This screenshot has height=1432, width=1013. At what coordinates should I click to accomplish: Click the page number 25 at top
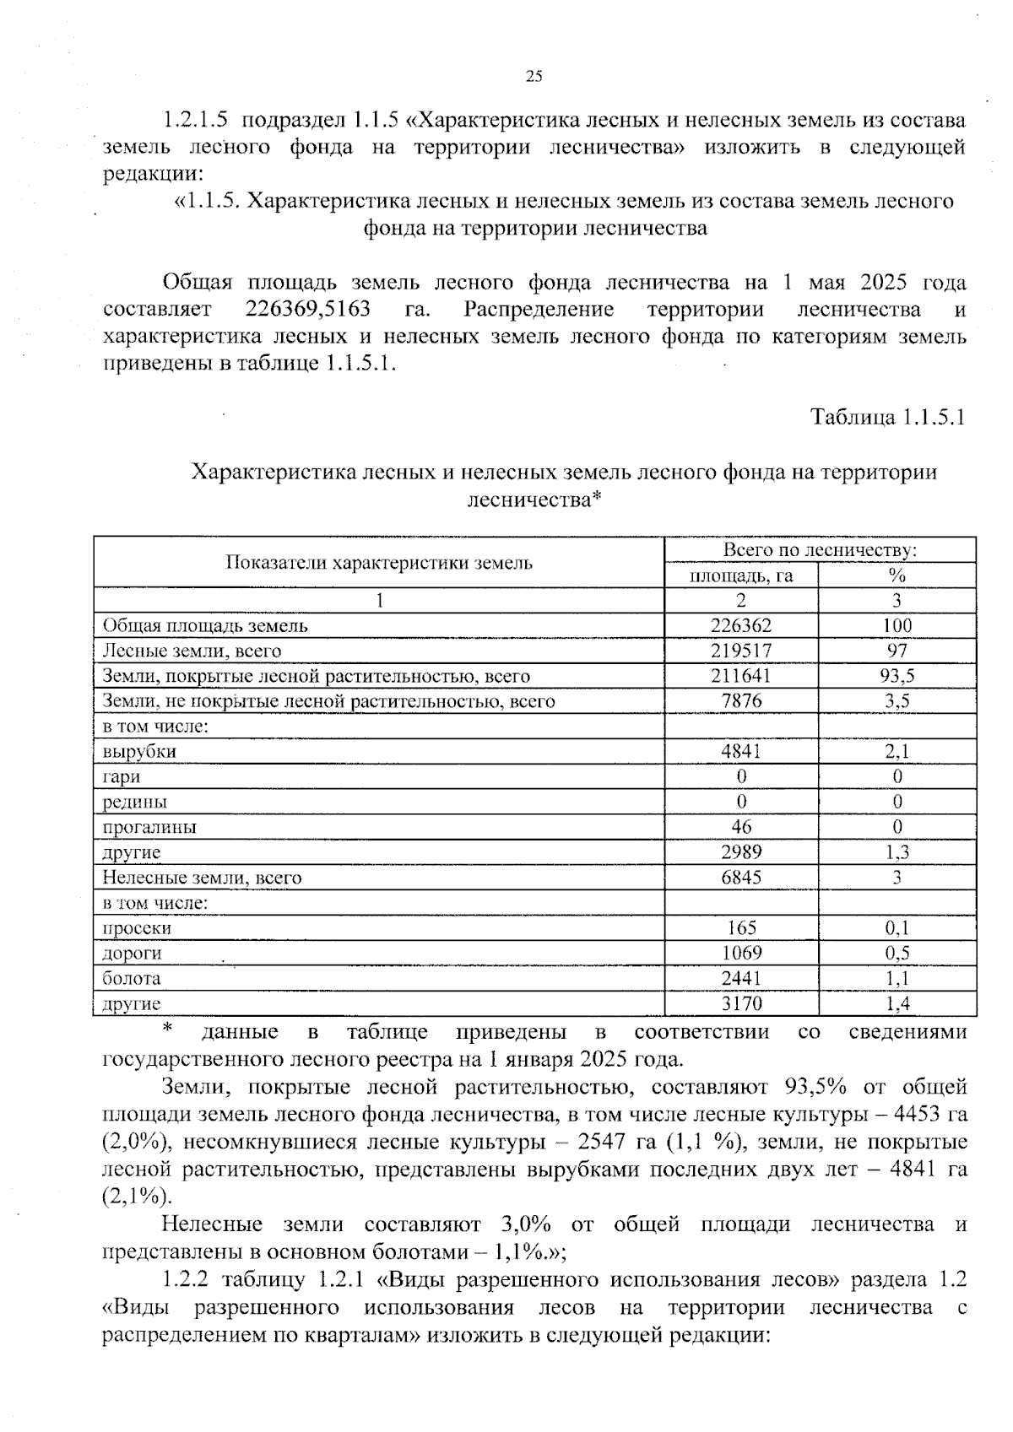point(534,77)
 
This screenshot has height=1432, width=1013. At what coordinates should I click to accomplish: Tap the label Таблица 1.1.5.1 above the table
point(887,417)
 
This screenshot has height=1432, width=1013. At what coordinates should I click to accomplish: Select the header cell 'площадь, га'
point(741,576)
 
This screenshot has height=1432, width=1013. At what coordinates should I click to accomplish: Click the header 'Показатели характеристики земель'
point(379,563)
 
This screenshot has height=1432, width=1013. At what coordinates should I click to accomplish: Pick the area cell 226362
point(741,625)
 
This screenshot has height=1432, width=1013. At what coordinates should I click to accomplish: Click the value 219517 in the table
point(741,651)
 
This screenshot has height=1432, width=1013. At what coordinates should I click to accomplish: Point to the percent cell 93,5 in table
point(897,676)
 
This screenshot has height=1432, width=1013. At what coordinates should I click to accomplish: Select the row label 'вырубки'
point(139,751)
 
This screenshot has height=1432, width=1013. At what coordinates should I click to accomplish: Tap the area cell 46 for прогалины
point(741,827)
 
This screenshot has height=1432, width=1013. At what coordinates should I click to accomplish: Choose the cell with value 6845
point(741,878)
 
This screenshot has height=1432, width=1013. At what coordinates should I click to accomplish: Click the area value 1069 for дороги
point(741,953)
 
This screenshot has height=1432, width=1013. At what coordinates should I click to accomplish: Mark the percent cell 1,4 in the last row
point(897,1003)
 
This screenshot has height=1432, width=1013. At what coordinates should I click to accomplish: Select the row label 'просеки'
point(137,928)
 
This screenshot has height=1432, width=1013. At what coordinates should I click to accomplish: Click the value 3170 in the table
point(741,1003)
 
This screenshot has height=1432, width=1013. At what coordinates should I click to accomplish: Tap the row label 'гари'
point(122,776)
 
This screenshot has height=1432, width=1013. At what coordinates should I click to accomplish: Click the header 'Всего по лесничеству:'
point(820,550)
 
